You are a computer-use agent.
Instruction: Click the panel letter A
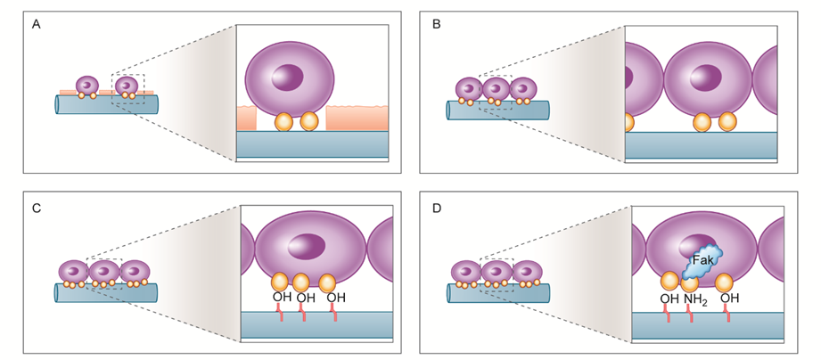[x=37, y=24]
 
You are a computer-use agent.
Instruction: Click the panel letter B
[x=437, y=24]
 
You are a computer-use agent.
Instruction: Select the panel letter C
[x=37, y=208]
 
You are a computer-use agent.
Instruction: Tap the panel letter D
[x=437, y=208]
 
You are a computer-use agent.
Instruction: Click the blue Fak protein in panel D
[x=702, y=261]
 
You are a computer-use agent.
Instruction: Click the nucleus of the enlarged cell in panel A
[x=287, y=78]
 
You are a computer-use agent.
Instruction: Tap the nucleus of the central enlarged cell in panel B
[x=706, y=78]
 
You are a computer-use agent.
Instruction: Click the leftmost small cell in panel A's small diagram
[x=87, y=86]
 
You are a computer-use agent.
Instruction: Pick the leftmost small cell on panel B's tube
[x=469, y=88]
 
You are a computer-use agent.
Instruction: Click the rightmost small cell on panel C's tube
[x=135, y=272]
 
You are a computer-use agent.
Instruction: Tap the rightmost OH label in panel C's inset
[x=336, y=298]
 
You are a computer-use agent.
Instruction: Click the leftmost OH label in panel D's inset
[x=669, y=299]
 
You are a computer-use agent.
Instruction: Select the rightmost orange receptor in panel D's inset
[x=724, y=282]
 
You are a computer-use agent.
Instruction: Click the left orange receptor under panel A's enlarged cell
[x=283, y=122]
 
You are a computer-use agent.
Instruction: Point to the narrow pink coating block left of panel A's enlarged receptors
[x=247, y=118]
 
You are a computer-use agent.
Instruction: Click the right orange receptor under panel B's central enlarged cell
[x=727, y=122]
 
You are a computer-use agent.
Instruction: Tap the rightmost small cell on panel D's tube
[x=527, y=272]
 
